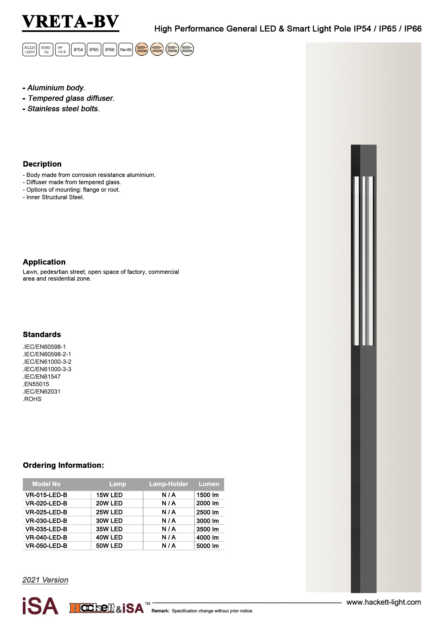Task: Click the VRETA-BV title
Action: click(x=71, y=22)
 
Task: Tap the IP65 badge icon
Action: click(x=94, y=50)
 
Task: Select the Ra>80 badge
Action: click(x=125, y=50)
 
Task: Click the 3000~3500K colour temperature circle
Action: click(x=142, y=49)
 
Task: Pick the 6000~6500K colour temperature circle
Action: click(x=187, y=49)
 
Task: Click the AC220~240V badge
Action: click(x=30, y=50)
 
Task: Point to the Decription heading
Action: click(x=42, y=164)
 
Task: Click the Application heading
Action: click(x=44, y=262)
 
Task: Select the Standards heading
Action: click(x=42, y=335)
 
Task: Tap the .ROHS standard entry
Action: click(x=32, y=399)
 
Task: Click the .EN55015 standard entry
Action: click(x=36, y=384)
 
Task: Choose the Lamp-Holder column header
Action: click(x=168, y=484)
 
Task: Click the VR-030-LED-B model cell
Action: click(x=46, y=521)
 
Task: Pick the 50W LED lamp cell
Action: click(x=109, y=546)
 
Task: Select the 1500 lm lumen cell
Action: click(x=207, y=495)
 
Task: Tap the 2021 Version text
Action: click(x=45, y=580)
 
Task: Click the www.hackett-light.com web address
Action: click(x=383, y=602)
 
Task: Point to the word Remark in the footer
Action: click(x=161, y=611)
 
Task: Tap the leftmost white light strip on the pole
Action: click(x=356, y=261)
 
